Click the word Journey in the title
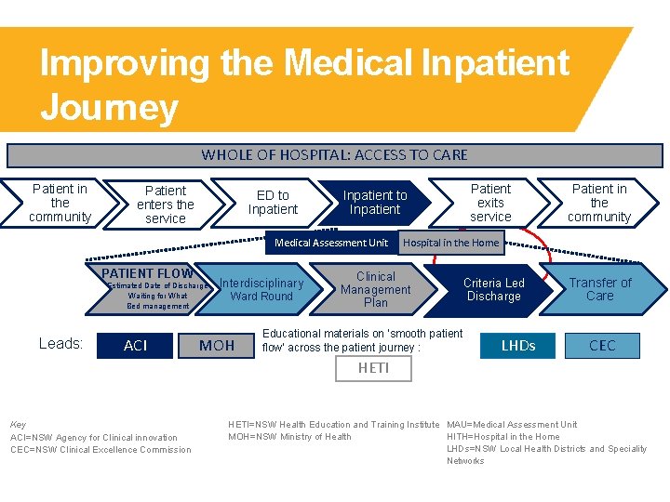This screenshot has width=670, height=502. (x=109, y=108)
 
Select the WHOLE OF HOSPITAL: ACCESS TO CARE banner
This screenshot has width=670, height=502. (x=334, y=155)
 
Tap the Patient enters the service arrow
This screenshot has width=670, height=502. (x=165, y=205)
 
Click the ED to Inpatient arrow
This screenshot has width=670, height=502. (x=272, y=203)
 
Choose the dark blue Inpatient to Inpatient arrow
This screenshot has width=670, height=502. (x=375, y=203)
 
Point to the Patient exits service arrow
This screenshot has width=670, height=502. (x=490, y=203)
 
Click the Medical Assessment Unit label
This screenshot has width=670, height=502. (x=331, y=243)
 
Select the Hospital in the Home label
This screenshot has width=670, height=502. (x=450, y=243)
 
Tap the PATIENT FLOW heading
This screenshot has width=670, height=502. (x=147, y=273)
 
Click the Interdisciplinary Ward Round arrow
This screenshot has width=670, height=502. (x=261, y=289)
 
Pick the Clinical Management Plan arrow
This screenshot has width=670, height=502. (x=375, y=289)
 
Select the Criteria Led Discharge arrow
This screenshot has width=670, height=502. (x=493, y=289)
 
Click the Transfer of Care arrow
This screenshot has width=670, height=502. (x=600, y=289)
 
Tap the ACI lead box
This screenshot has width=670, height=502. (x=136, y=345)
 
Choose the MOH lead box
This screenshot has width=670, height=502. (x=217, y=345)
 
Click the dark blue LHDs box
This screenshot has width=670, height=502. (x=518, y=345)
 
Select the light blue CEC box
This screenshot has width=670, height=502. (x=602, y=345)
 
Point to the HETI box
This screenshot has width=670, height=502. (x=373, y=368)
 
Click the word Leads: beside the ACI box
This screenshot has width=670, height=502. (x=60, y=344)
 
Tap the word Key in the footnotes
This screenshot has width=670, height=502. (x=17, y=425)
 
